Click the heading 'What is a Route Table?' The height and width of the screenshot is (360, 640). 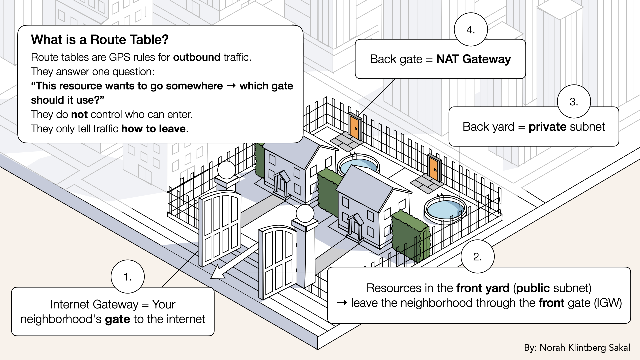pyautogui.click(x=100, y=40)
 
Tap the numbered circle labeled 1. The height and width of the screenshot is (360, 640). pyautogui.click(x=128, y=277)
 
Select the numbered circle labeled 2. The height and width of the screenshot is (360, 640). pyautogui.click(x=477, y=256)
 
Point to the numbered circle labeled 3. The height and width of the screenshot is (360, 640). pyautogui.click(x=574, y=101)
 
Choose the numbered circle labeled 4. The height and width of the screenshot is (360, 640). pyautogui.click(x=471, y=30)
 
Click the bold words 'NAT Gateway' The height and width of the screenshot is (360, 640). pyautogui.click(x=473, y=59)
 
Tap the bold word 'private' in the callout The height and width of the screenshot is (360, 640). pyautogui.click(x=547, y=127)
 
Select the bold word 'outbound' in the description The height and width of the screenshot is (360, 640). pyautogui.click(x=197, y=57)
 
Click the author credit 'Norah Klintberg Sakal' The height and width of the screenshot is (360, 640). pyautogui.click(x=585, y=348)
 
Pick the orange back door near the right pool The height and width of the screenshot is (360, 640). pyautogui.click(x=434, y=169)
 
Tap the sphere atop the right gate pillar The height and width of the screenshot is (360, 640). pyautogui.click(x=305, y=213)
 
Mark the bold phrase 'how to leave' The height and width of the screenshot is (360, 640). pyautogui.click(x=153, y=129)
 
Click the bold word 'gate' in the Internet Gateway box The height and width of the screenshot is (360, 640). pyautogui.click(x=117, y=319)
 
